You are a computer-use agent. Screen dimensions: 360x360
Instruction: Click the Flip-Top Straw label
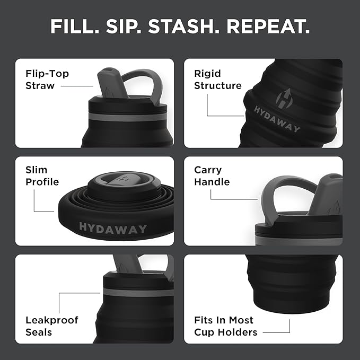47,80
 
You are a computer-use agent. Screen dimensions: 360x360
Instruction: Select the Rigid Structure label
217,80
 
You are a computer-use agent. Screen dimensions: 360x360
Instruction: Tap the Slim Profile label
42,176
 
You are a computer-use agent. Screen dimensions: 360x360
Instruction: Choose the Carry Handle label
212,176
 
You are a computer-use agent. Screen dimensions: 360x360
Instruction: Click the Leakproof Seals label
51,326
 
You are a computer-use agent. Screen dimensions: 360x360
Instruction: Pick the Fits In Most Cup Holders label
225,326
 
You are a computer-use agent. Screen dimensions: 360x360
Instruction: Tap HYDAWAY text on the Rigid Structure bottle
277,119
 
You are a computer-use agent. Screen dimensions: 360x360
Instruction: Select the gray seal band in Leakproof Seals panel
138,292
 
